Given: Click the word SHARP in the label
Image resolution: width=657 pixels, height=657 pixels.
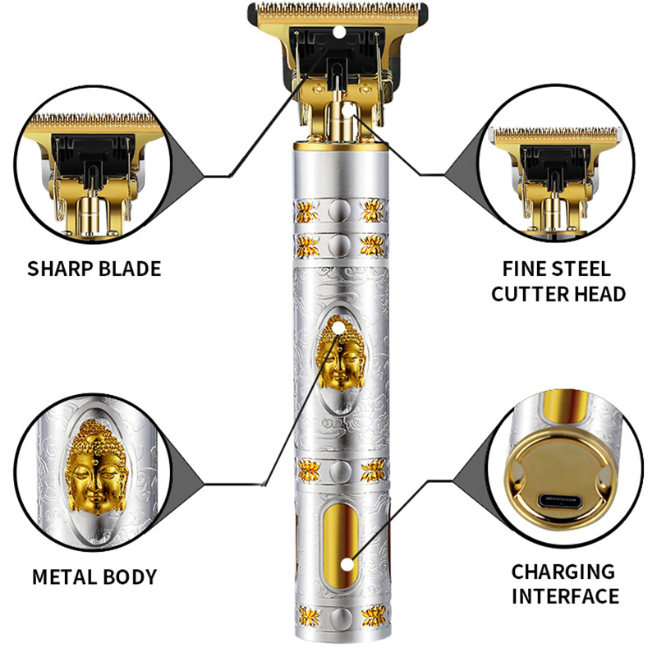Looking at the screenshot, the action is click(x=60, y=269).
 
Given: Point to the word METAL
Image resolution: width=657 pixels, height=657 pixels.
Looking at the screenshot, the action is click(x=65, y=577).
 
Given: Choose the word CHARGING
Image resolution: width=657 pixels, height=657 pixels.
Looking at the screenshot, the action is click(x=563, y=572).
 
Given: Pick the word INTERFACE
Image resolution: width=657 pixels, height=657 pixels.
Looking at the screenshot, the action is click(x=565, y=596).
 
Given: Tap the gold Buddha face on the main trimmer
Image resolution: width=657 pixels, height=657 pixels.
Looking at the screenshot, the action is click(x=341, y=355).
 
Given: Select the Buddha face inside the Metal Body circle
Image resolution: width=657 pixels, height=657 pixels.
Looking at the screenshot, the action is click(x=96, y=468).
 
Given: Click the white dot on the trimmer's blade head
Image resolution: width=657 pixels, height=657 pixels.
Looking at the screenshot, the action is click(x=338, y=32).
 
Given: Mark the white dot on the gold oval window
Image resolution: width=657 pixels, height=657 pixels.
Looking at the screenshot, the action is click(x=347, y=565).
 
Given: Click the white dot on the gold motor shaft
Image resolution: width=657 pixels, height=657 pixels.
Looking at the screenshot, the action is click(x=347, y=110).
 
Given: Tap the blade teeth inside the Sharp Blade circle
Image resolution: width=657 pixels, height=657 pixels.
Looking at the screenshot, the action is click(x=93, y=121).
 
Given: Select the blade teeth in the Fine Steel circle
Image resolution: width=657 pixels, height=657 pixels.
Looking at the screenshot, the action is click(x=556, y=134).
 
